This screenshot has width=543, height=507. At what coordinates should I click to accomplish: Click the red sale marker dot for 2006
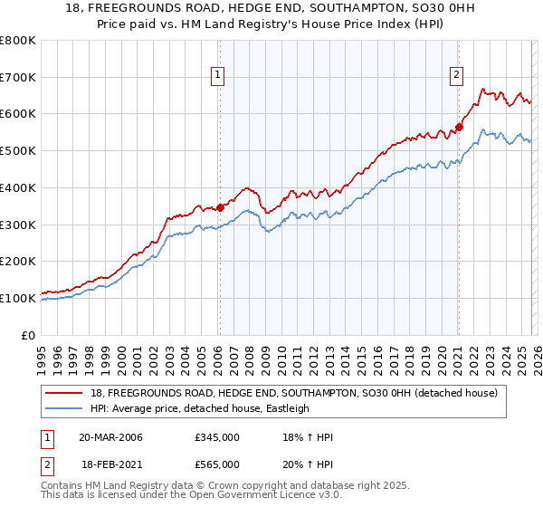pos(220,207)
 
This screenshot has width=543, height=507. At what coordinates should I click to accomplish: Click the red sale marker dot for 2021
pos(459,127)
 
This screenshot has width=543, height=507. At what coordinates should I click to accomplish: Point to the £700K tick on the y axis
pos(18,78)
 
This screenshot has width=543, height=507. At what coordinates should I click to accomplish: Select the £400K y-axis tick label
pos(18,188)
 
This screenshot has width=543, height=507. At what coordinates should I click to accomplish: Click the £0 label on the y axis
pos(29,335)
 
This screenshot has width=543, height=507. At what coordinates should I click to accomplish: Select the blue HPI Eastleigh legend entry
pos(199,408)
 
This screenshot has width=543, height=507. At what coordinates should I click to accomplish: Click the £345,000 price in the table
pos(216,437)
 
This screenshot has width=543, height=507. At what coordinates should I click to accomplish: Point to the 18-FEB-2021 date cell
pos(110,464)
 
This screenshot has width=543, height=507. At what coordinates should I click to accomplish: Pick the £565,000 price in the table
pos(216,464)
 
